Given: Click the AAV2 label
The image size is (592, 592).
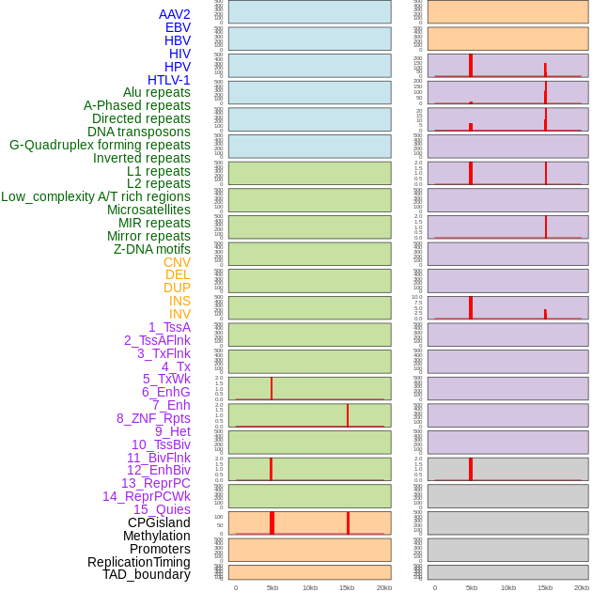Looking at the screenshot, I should [174, 14].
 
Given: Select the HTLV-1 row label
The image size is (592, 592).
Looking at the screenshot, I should [168, 80].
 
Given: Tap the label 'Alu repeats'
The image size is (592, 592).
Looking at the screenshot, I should [156, 92].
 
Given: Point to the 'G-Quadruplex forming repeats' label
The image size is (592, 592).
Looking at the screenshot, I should [100, 145].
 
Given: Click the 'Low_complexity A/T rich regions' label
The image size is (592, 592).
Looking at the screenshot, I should [95, 196].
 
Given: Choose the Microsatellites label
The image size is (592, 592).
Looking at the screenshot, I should [148, 210].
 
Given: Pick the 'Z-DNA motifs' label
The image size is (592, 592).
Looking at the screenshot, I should [151, 249].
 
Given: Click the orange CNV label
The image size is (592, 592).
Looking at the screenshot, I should [177, 262].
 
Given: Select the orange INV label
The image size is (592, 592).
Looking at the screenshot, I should [179, 314].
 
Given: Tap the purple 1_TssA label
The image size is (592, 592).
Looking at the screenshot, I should [169, 327].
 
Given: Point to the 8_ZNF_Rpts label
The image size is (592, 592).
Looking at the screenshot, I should [153, 418].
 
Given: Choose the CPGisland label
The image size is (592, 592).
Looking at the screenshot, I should [159, 522].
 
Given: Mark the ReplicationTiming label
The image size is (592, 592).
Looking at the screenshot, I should [138, 562].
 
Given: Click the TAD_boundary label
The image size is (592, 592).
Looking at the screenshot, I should [146, 574].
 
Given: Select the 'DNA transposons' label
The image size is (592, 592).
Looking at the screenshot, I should [139, 132].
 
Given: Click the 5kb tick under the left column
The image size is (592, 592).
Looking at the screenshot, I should [272, 587].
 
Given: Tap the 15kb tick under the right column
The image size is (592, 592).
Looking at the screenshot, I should [545, 587].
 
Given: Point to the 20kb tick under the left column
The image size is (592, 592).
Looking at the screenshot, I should [383, 587].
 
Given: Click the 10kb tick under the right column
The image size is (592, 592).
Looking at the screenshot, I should [508, 587].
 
